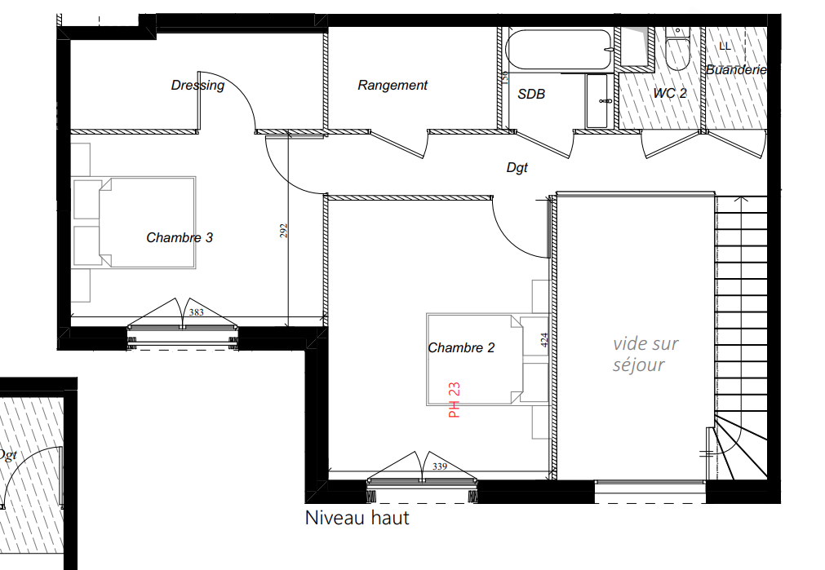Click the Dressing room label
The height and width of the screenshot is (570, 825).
(x=197, y=85)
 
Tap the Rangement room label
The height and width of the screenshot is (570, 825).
(x=393, y=85)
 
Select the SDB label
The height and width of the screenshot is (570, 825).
(x=531, y=94)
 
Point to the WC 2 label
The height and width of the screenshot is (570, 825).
(x=670, y=94)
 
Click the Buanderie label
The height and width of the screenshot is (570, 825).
(x=735, y=70)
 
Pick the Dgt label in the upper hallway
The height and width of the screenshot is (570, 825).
(x=517, y=168)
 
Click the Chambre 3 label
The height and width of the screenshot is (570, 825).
(x=180, y=237)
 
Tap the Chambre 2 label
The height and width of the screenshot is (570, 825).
(x=461, y=347)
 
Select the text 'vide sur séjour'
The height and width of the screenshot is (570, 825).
(x=645, y=354)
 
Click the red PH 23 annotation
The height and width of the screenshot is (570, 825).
(x=454, y=400)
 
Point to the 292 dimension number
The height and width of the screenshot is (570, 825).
(x=284, y=231)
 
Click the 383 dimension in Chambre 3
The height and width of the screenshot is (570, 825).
(x=196, y=312)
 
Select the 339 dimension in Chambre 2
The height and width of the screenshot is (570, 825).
(x=440, y=466)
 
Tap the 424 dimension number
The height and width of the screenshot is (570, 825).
(x=544, y=340)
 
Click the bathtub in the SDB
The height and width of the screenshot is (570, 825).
(x=559, y=50)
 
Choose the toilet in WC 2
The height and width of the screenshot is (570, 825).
(x=677, y=49)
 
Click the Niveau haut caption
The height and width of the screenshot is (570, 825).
(x=357, y=518)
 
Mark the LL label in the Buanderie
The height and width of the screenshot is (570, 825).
(x=725, y=46)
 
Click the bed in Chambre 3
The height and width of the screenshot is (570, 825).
(x=134, y=223)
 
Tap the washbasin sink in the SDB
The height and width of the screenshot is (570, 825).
(x=597, y=101)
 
